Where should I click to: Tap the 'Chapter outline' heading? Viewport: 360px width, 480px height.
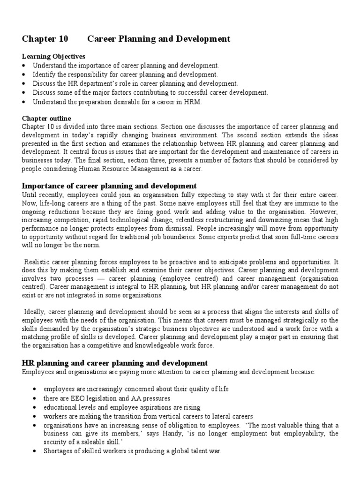point(46,118)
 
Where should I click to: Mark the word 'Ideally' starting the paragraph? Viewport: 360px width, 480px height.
point(35,312)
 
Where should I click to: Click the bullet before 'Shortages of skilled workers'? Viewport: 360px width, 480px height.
point(37,451)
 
